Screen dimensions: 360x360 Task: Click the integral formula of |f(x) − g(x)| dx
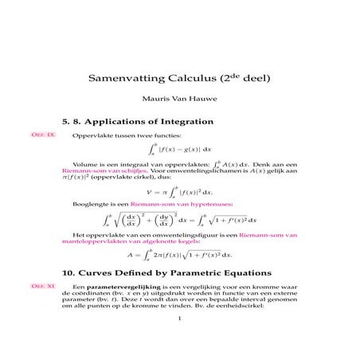(180, 149)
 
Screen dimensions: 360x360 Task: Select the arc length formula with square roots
(180, 221)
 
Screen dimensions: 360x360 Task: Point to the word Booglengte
(89, 205)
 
